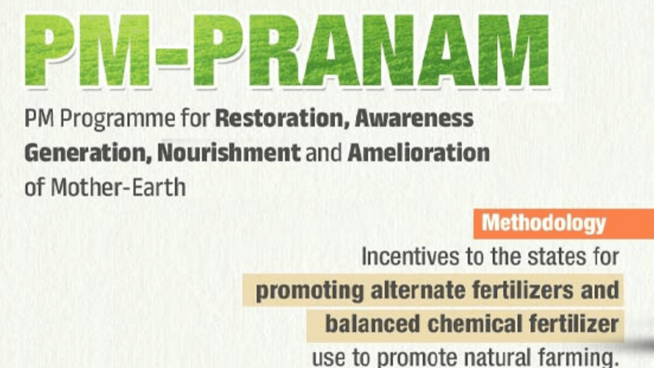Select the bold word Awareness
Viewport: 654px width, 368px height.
coord(414,118)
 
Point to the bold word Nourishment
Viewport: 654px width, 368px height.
coord(229,152)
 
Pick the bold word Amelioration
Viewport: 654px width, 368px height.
coord(419,152)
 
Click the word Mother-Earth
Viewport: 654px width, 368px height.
coord(118,187)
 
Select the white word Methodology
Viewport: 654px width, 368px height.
coord(544,224)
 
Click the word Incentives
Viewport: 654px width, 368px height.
coord(410,256)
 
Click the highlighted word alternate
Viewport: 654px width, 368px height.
coord(418,290)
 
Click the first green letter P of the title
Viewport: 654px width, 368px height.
coord(50,50)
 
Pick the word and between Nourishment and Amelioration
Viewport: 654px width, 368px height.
coord(324,152)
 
